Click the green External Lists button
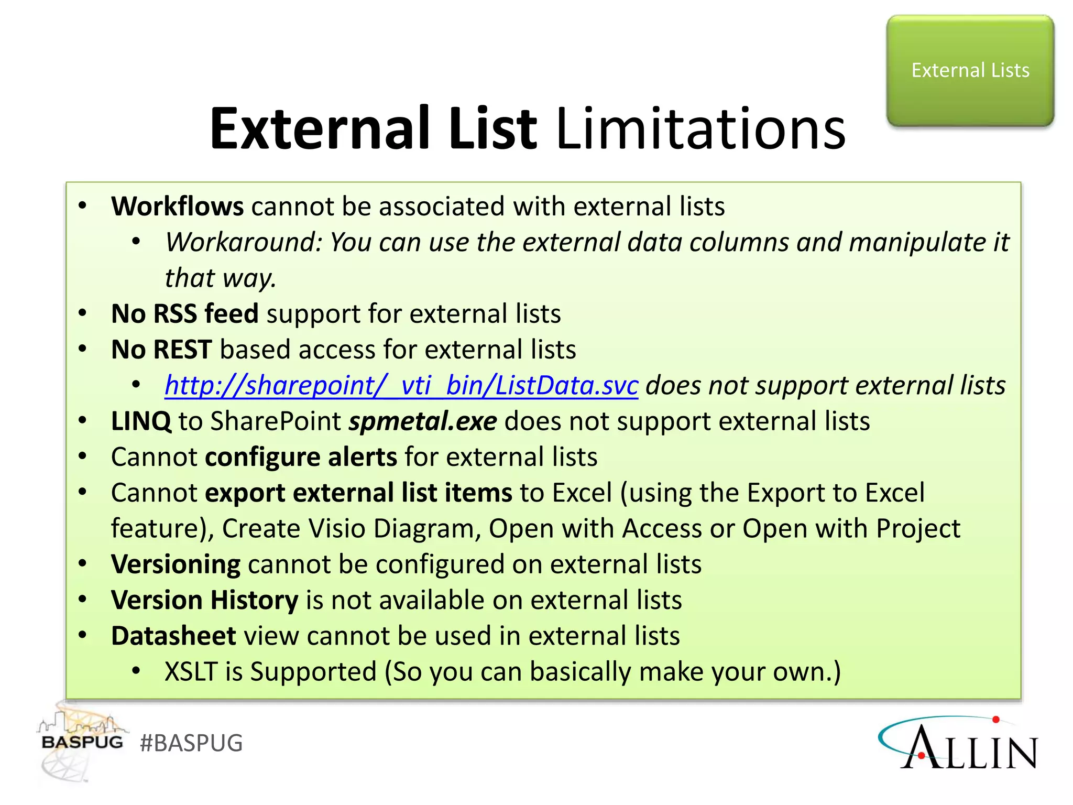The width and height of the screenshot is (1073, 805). [970, 71]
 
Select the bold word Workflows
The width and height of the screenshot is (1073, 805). [177, 206]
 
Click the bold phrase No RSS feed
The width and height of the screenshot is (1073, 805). [184, 314]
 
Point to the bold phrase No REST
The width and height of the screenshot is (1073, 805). [161, 350]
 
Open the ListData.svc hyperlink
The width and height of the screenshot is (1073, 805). [401, 386]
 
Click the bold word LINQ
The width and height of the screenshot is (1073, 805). [141, 421]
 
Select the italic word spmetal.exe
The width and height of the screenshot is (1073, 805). [422, 421]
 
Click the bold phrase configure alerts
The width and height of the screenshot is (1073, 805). [301, 457]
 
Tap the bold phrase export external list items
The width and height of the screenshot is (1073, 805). [358, 493]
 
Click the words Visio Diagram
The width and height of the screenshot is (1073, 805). [394, 529]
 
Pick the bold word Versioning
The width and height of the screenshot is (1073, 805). [176, 564]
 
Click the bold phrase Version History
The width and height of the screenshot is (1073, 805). [204, 600]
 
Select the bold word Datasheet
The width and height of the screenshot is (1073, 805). [173, 636]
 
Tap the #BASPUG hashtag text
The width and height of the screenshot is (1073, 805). [191, 743]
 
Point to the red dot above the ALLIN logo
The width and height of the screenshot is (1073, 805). [996, 720]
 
